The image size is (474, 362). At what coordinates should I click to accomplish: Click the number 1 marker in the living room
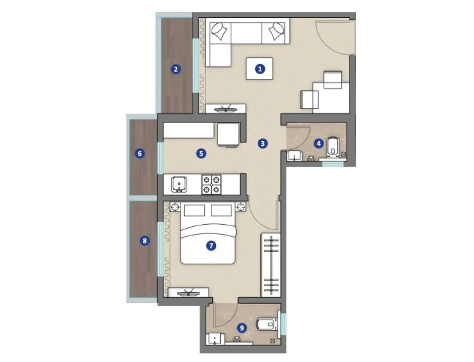point(260,69)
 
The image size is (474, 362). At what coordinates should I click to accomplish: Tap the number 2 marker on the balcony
point(176,69)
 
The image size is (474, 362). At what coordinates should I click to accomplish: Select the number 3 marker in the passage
point(262,143)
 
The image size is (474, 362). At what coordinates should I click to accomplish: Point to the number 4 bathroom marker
point(318,143)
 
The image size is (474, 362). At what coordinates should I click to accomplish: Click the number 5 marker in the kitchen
point(201,153)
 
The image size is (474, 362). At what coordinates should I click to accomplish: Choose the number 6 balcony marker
point(139,154)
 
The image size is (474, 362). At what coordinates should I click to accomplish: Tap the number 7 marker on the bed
point(211,245)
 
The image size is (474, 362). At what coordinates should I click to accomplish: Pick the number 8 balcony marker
point(145,241)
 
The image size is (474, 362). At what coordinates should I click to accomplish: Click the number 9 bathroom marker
point(241,328)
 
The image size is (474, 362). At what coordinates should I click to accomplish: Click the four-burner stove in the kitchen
point(211,185)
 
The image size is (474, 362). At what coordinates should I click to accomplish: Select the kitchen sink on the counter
point(179,185)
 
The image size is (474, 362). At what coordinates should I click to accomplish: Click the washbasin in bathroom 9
point(215,339)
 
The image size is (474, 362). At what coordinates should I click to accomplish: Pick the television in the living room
point(225,108)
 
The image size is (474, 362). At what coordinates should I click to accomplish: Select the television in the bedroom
point(189,292)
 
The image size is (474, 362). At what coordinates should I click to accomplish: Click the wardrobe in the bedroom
point(271,265)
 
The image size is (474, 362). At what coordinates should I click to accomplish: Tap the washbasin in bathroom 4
point(294,156)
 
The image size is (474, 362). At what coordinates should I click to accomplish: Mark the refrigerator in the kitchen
point(228,135)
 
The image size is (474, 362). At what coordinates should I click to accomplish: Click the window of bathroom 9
point(283,324)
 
